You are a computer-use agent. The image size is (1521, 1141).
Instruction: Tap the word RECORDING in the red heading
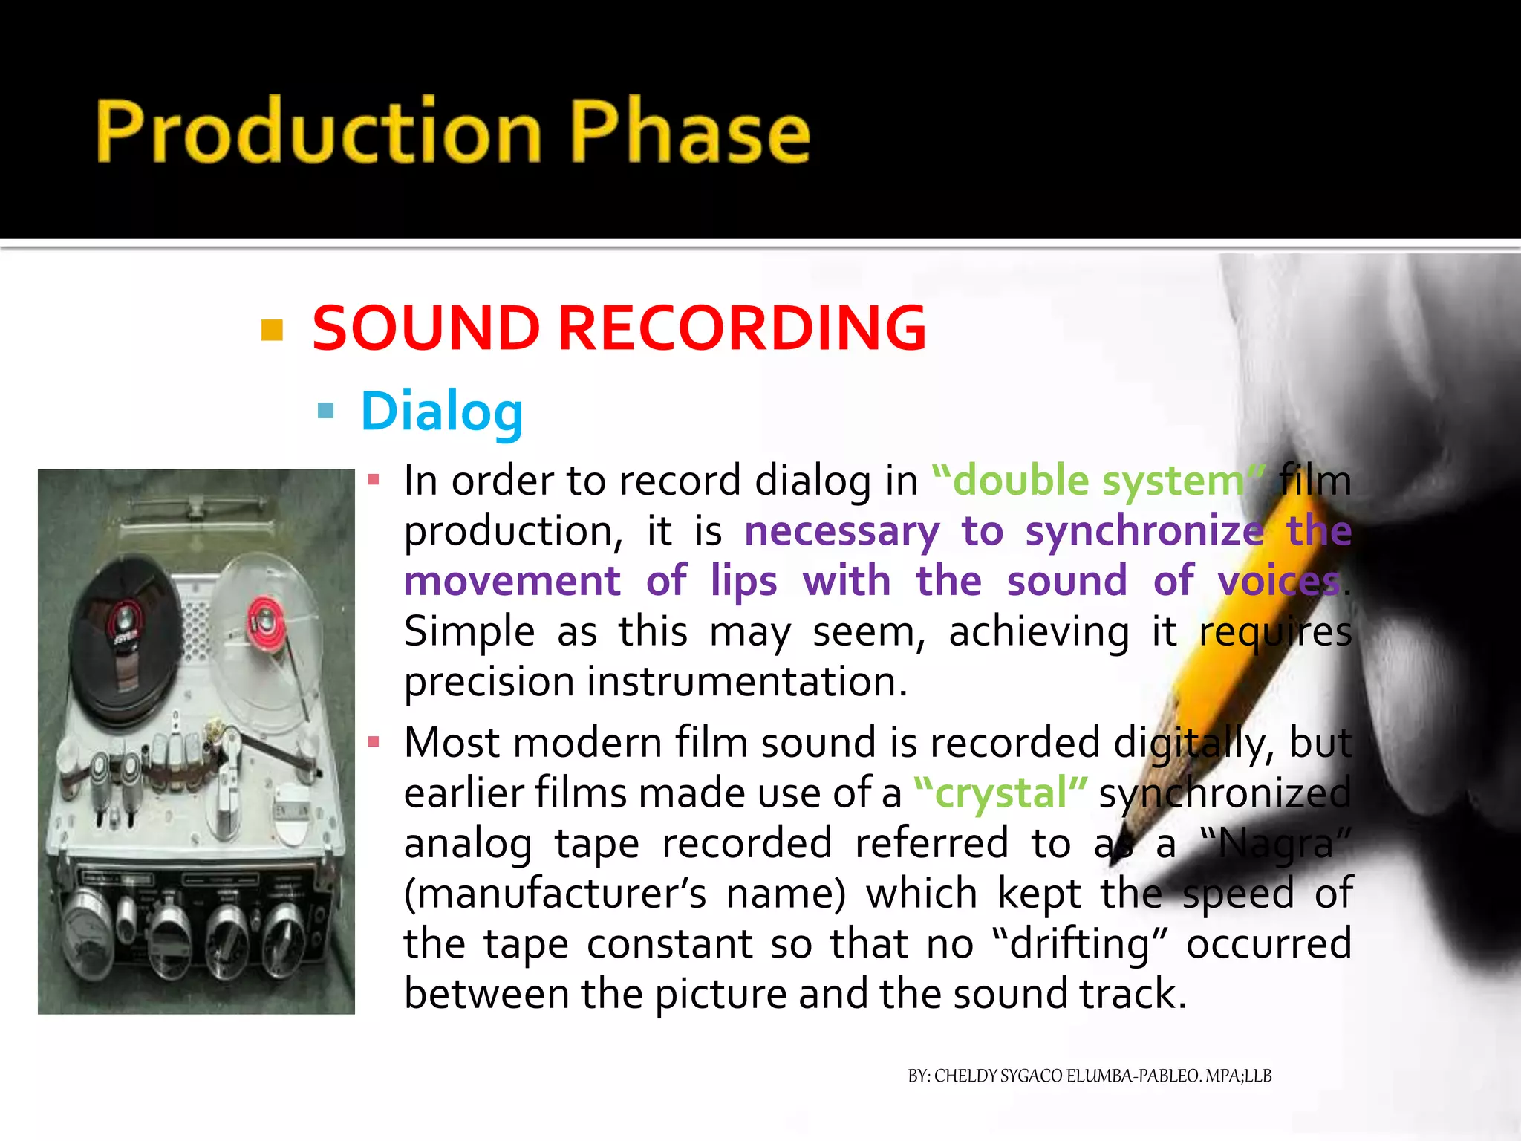tap(741, 328)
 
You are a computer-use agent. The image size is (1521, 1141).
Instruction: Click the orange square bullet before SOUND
tap(273, 330)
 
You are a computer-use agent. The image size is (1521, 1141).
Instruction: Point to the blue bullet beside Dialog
tap(325, 411)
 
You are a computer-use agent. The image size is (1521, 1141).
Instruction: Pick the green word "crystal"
tap(1000, 793)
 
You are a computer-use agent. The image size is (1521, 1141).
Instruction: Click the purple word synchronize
tap(1144, 531)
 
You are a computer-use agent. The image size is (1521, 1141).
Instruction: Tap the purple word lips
tap(743, 581)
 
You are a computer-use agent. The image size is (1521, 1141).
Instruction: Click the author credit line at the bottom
tap(1090, 1076)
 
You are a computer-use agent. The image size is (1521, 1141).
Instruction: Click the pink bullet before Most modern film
tap(374, 742)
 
